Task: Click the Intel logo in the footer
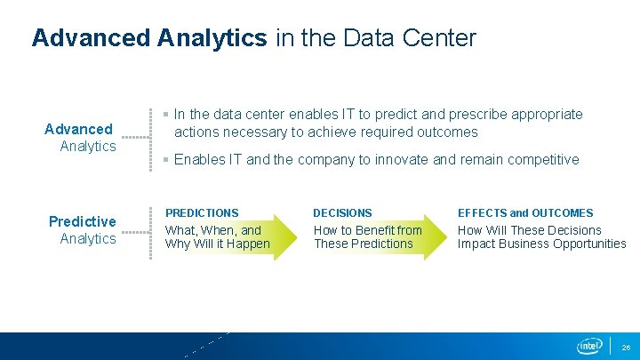coord(589,346)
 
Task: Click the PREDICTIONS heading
coord(202,213)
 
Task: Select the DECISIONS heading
coord(342,213)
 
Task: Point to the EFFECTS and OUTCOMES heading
coord(525,213)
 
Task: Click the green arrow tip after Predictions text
coord(290,236)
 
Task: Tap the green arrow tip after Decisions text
coord(440,236)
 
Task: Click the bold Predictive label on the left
coord(82,221)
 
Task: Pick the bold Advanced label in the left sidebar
coord(78,129)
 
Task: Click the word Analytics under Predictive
coord(87,238)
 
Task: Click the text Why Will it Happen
coord(218,244)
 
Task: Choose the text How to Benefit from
coord(367,230)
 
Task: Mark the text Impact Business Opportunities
coord(541,244)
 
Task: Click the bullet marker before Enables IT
coord(166,160)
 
